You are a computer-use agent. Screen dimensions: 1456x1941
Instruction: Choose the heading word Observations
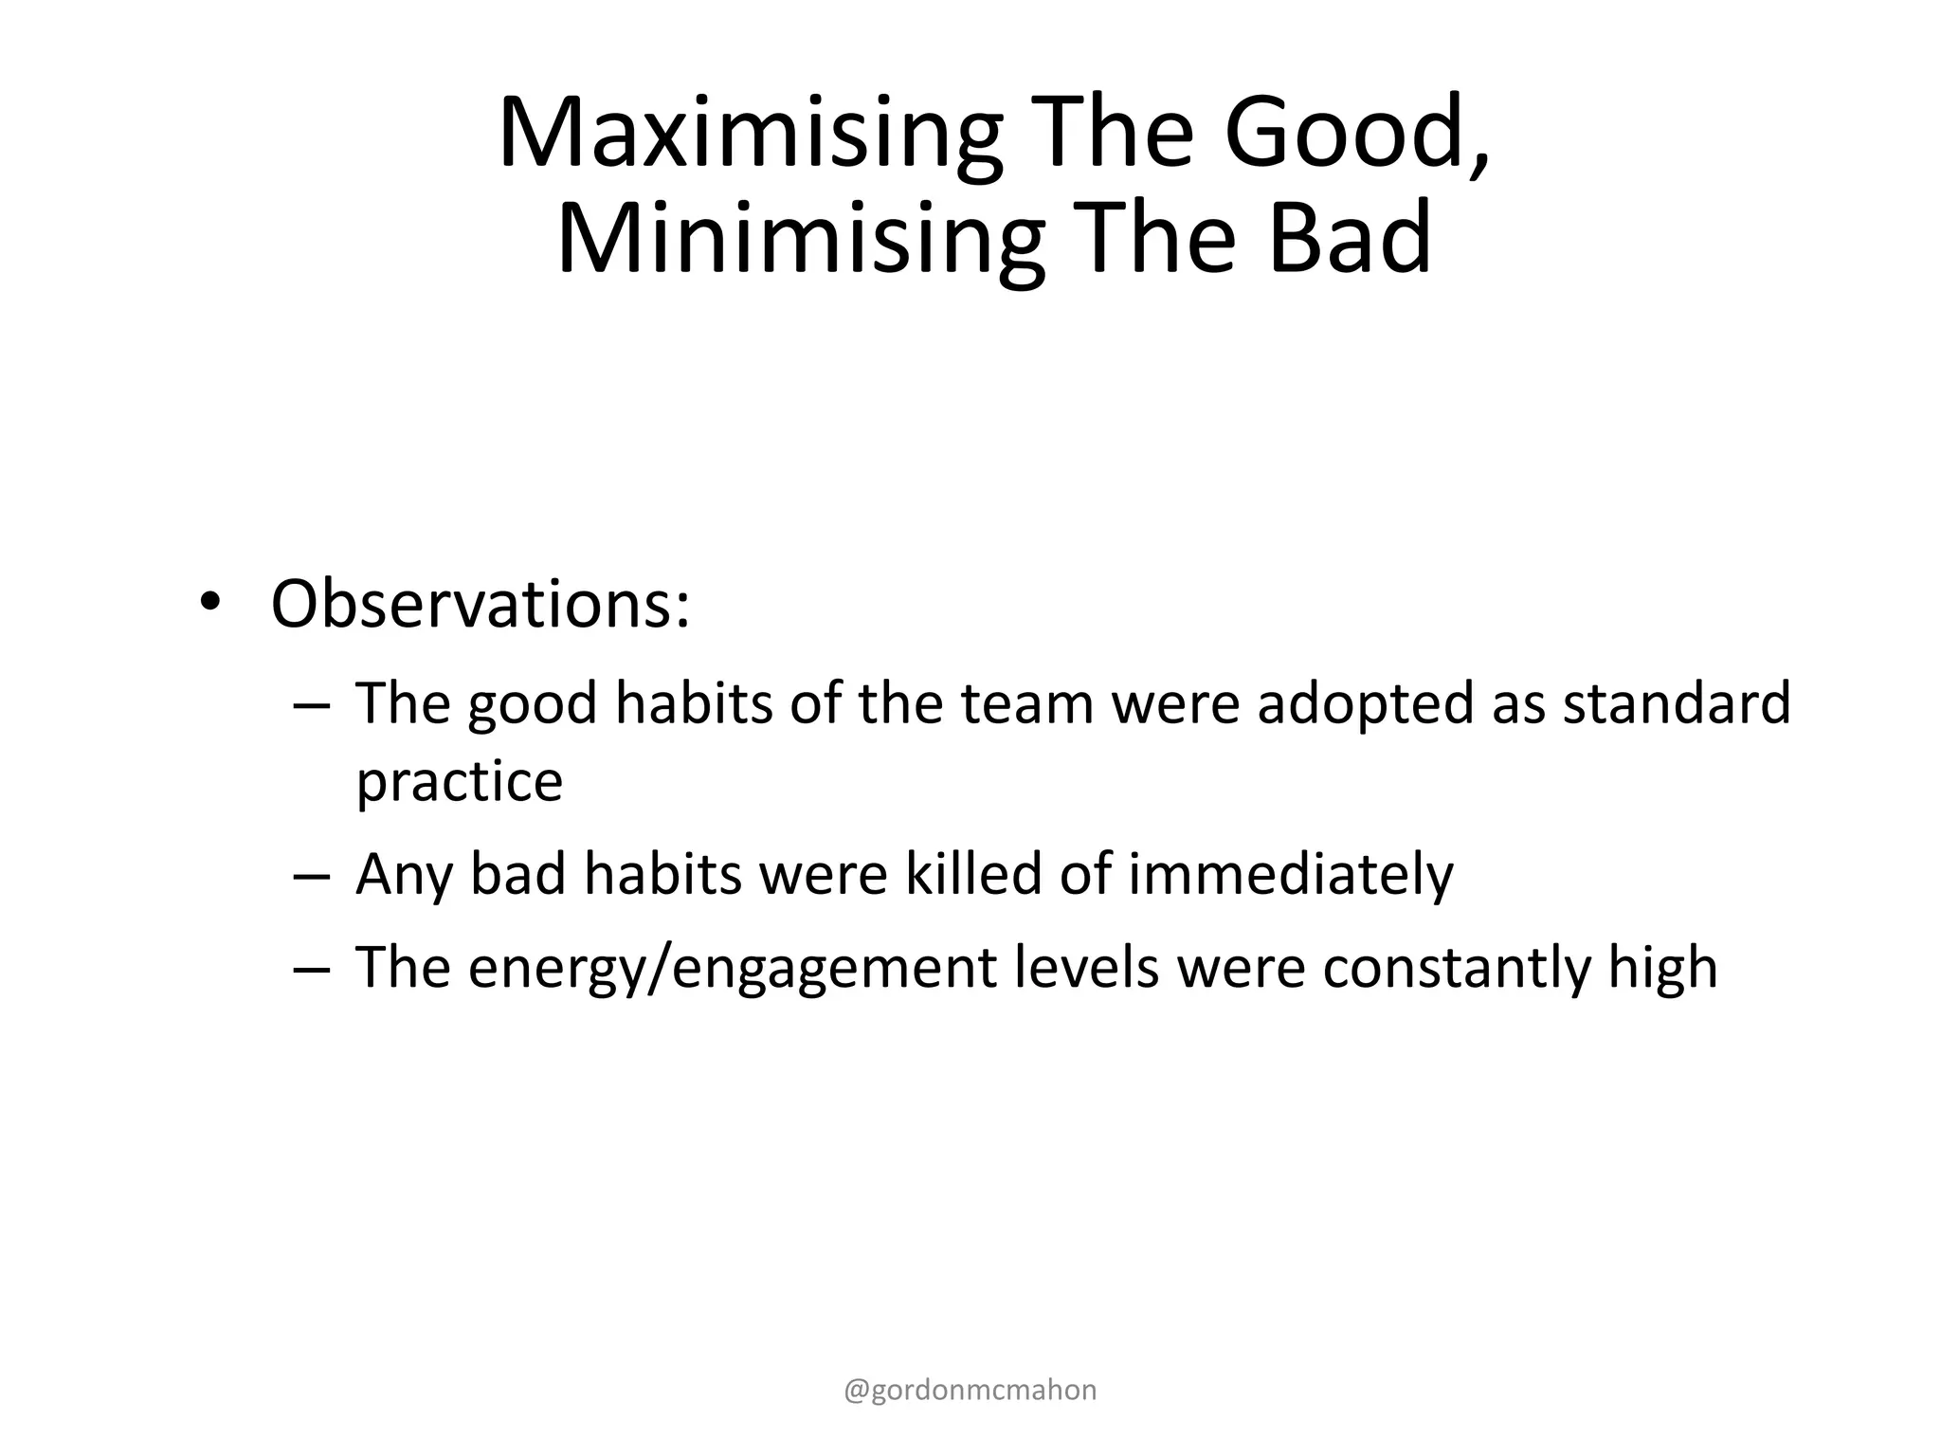480,603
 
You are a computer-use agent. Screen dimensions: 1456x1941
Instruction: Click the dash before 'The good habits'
311,706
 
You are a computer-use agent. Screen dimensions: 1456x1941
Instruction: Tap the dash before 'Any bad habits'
311,876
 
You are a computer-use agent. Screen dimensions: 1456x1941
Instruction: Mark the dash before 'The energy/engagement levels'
311,970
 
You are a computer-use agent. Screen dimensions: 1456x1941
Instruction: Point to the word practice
459,783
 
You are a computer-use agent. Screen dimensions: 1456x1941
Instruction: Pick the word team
1027,703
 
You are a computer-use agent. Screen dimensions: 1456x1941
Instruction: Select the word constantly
1456,968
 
